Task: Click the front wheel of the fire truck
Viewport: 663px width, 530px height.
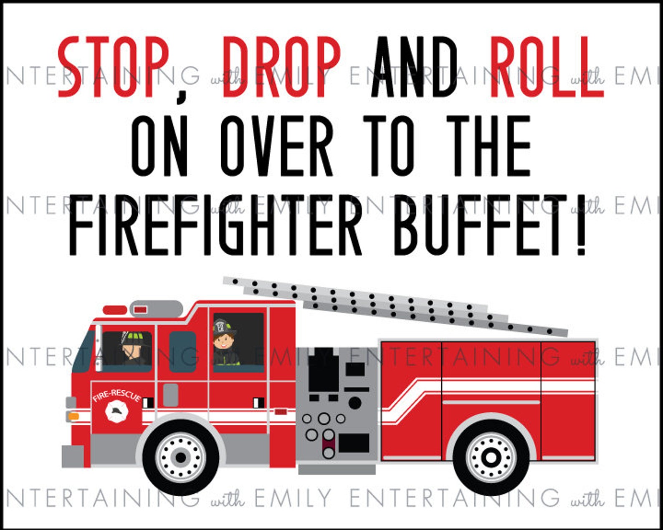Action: [x=181, y=457]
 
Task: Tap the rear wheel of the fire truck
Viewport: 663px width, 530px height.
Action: [x=491, y=457]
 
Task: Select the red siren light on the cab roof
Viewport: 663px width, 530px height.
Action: [x=115, y=310]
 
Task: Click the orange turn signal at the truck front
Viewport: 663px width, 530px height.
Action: [x=73, y=416]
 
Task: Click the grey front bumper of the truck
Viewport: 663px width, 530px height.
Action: [x=73, y=456]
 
